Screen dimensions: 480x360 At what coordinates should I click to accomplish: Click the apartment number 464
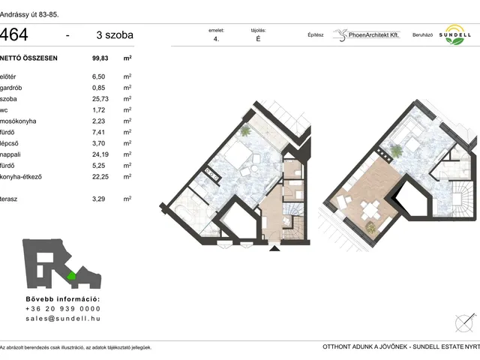[x=14, y=34]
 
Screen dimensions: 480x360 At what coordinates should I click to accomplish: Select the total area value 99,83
[x=100, y=58]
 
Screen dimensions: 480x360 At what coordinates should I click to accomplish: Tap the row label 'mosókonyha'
[x=18, y=121]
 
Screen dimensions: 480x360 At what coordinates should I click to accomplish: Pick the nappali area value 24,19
[x=100, y=154]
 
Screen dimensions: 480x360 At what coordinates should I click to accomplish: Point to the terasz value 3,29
[x=98, y=199]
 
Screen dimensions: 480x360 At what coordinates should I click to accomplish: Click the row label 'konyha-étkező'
[x=21, y=177]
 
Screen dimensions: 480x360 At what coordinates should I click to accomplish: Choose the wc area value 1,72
[x=98, y=110]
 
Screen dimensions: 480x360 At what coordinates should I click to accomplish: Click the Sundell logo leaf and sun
[x=455, y=35]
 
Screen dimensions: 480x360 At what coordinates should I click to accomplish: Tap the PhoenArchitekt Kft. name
[x=373, y=35]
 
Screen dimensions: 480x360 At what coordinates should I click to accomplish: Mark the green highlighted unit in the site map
[x=71, y=276]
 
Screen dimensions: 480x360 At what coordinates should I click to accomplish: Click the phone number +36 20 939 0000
[x=63, y=308]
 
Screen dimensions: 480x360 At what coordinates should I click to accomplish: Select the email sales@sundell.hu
[x=63, y=318]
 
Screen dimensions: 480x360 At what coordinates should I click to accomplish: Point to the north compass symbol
[x=465, y=323]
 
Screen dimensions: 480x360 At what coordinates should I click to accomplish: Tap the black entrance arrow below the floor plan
[x=274, y=248]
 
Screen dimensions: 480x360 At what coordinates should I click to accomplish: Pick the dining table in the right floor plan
[x=370, y=210]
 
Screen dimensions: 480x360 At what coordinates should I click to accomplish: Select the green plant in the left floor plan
[x=245, y=131]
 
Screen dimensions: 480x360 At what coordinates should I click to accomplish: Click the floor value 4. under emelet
[x=217, y=39]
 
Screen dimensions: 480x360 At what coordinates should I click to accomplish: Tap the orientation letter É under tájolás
[x=258, y=39]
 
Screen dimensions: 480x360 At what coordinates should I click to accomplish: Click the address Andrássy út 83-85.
[x=29, y=14]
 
